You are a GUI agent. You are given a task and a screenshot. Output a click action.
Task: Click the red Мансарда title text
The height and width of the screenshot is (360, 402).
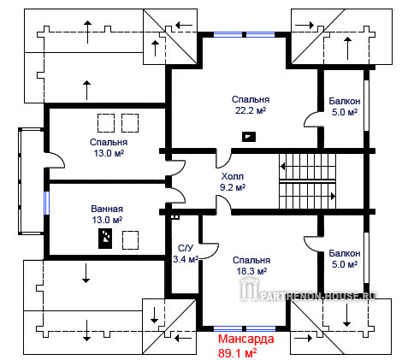point(245,339)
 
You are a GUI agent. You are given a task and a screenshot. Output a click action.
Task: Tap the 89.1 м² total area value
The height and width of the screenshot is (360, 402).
point(237,353)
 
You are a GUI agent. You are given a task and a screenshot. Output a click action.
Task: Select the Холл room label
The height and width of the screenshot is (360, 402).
point(233,176)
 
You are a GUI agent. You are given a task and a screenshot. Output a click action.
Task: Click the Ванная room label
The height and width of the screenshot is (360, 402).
point(107,209)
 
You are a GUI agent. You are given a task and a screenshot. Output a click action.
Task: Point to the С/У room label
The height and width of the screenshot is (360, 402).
point(186,248)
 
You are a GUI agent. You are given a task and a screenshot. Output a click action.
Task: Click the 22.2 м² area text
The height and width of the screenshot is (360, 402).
point(251,110)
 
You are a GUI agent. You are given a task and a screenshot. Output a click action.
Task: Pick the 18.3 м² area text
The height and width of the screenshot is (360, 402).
point(251,271)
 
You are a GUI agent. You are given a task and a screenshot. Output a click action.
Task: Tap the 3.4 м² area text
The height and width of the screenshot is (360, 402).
point(186,259)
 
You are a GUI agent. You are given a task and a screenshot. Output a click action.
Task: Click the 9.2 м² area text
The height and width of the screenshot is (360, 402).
point(233,187)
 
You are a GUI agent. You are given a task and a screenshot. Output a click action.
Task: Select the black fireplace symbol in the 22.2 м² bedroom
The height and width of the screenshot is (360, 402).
point(249,137)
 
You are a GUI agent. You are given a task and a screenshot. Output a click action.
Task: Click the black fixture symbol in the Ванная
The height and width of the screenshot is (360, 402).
point(105,239)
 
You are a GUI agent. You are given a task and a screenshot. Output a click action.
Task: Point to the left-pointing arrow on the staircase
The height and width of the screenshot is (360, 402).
point(282,166)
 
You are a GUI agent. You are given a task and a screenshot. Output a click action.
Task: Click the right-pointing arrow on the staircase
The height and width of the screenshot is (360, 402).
point(333,196)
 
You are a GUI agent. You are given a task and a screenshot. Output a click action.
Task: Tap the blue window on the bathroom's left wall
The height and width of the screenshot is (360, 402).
point(46,203)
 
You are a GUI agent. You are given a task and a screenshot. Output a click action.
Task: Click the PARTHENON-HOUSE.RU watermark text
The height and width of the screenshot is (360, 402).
point(317,296)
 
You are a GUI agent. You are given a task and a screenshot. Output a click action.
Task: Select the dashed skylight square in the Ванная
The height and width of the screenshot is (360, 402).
point(131,239)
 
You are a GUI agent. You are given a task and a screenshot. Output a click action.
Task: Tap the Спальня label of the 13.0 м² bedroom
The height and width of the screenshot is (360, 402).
point(109,142)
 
